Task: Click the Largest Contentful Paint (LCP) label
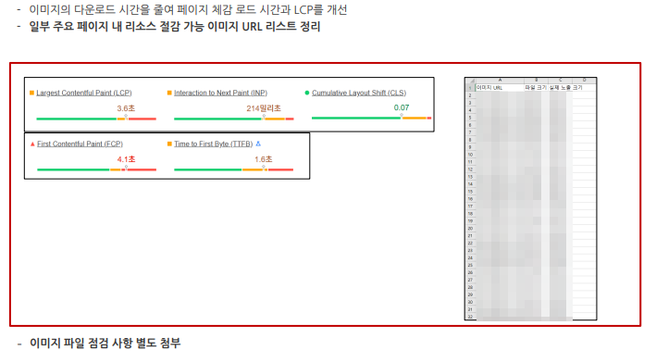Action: tap(84, 94)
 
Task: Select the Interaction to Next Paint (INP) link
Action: tap(220, 94)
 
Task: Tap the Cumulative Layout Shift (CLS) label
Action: tap(359, 94)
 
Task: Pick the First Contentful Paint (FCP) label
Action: tap(80, 144)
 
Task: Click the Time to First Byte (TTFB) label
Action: tap(213, 144)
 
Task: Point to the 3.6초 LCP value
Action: tap(126, 108)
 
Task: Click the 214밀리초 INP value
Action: tap(264, 108)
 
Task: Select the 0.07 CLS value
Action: tap(402, 107)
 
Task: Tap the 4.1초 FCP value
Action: tap(126, 159)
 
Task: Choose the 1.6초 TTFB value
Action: tap(264, 159)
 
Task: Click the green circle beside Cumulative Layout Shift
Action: tap(306, 94)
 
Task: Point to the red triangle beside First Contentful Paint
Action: tap(32, 144)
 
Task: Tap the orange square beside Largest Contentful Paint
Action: tap(32, 94)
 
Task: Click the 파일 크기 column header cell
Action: tap(536, 88)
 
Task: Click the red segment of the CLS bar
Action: tap(429, 118)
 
